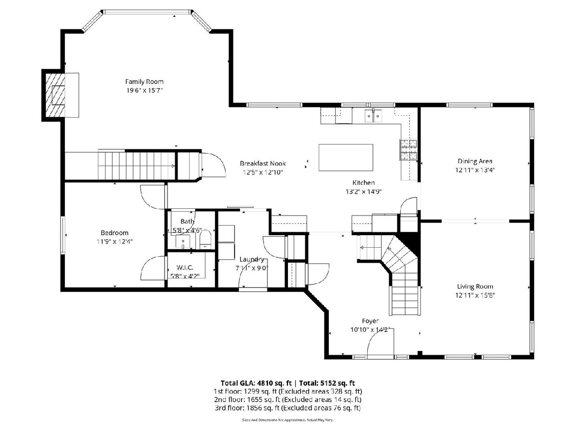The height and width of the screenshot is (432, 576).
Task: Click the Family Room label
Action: (x=144, y=82)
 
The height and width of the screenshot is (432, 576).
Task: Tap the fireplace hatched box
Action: (x=55, y=95)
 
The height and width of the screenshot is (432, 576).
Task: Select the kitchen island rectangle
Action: (x=346, y=157)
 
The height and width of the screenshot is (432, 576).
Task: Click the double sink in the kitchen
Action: (x=373, y=116)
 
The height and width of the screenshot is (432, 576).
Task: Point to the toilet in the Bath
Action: (x=205, y=239)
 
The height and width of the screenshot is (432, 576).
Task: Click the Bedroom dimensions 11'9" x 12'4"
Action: (x=114, y=241)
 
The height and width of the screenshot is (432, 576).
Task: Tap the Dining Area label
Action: (x=475, y=161)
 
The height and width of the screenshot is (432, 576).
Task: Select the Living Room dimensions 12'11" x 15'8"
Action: (x=475, y=295)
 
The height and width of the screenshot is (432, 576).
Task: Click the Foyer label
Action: (x=370, y=321)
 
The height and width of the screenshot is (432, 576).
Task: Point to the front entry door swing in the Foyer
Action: (x=381, y=344)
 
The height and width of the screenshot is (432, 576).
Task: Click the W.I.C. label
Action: (x=185, y=267)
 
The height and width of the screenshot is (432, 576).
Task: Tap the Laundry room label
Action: (x=252, y=259)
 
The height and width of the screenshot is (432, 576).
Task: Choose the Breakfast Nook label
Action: (x=263, y=163)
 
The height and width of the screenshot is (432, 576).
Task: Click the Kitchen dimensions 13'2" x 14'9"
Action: (x=363, y=192)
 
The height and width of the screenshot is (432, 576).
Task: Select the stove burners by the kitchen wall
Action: (x=408, y=150)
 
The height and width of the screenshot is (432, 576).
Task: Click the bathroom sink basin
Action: (x=183, y=241)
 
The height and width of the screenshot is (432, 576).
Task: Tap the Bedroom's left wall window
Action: (x=63, y=235)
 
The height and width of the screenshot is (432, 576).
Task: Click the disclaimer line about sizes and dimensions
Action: (x=288, y=420)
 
